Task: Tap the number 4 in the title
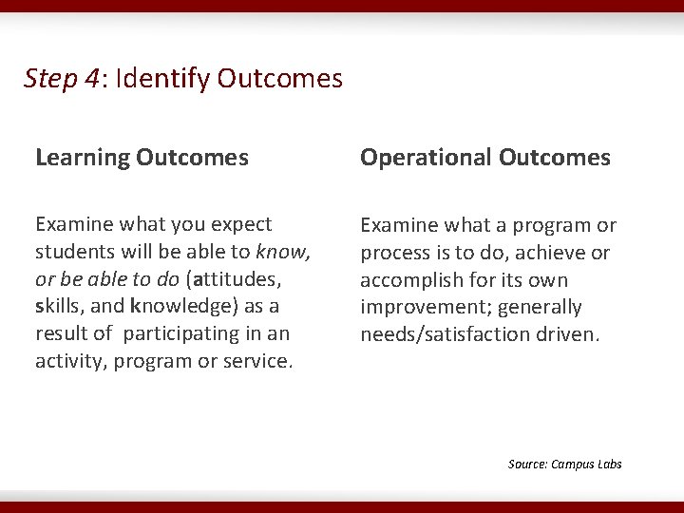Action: (x=92, y=78)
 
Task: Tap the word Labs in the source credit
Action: (x=609, y=464)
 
